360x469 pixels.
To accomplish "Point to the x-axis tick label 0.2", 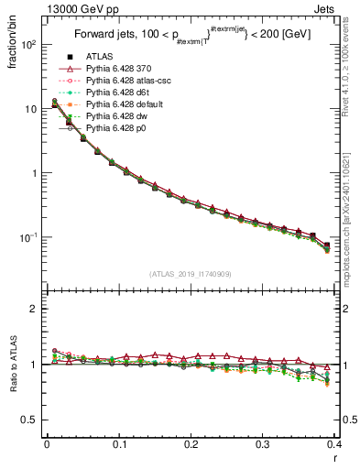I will [191, 443].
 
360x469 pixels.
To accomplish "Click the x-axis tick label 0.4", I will [334, 443].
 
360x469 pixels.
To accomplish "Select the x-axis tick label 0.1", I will [119, 443].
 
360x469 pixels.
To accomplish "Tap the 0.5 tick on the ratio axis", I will [30, 420].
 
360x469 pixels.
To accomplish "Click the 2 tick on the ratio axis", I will [34, 309].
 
